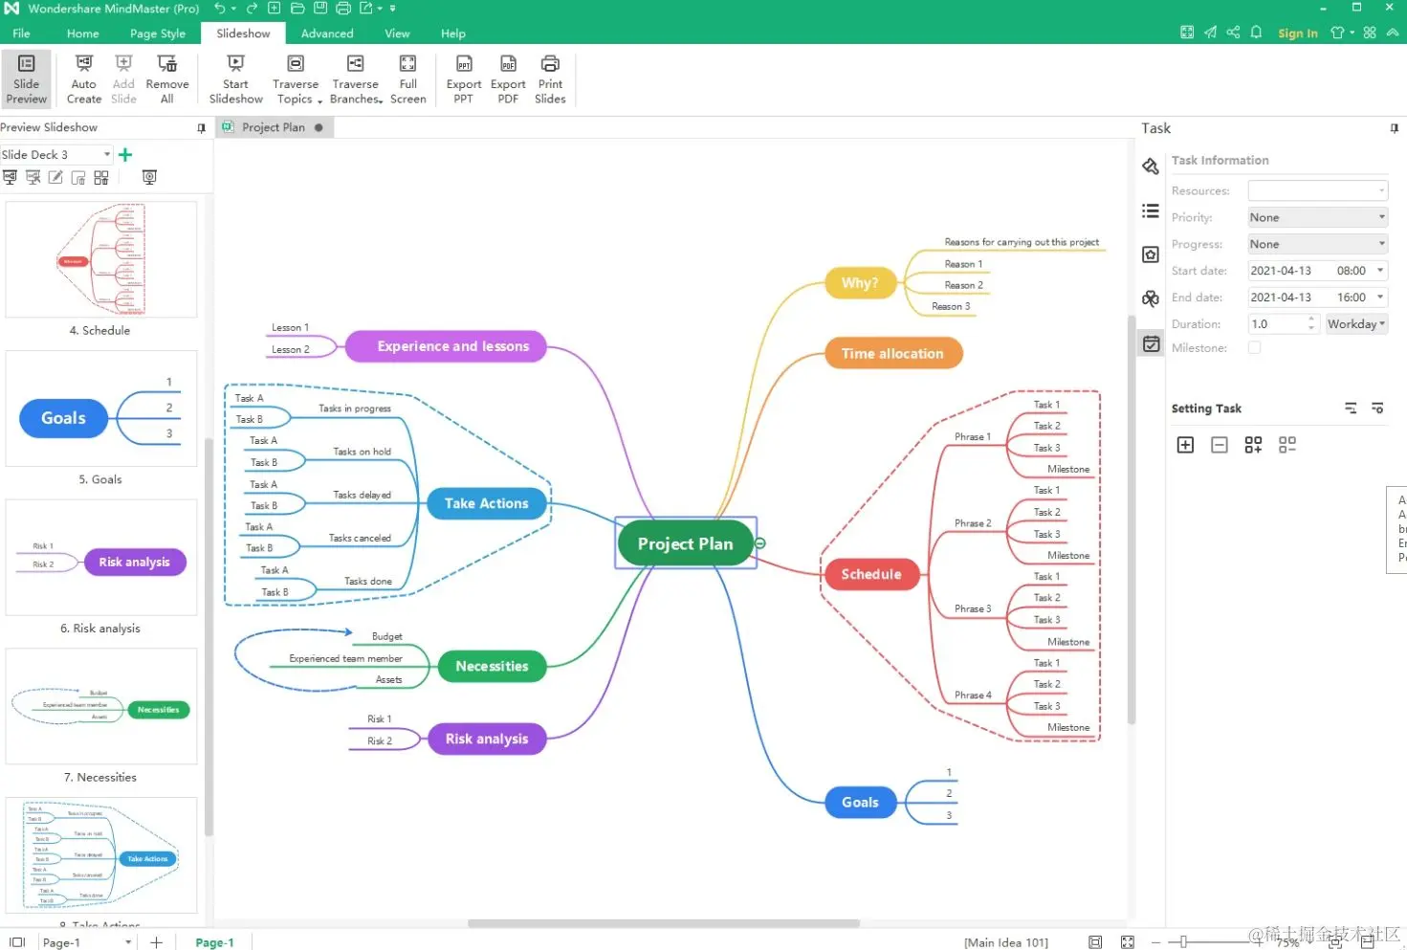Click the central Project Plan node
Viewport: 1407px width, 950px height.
click(x=685, y=543)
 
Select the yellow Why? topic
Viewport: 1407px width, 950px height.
click(x=859, y=283)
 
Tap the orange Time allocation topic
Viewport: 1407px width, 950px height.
click(x=892, y=354)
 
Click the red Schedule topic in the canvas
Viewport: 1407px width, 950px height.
click(x=870, y=574)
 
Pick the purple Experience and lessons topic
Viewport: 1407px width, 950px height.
click(x=452, y=346)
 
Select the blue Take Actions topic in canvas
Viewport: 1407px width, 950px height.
click(x=486, y=503)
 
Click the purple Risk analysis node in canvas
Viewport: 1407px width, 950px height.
click(x=486, y=739)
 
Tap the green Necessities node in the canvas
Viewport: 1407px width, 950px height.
click(x=492, y=666)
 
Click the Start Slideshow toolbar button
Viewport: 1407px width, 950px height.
click(x=235, y=78)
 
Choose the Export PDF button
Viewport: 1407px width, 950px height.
click(x=508, y=78)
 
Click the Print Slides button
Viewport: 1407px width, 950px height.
click(x=550, y=78)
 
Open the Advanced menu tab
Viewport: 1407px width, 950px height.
click(x=327, y=33)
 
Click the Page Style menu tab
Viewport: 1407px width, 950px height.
click(x=158, y=33)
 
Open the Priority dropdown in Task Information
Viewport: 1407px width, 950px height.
click(x=1317, y=217)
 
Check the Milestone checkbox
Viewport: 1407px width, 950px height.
click(x=1254, y=348)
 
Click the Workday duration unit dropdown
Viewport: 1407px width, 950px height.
click(x=1355, y=324)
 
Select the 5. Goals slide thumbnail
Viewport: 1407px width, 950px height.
click(x=101, y=409)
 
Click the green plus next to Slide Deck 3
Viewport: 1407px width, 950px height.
click(x=125, y=155)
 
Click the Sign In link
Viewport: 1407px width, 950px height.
click(x=1297, y=33)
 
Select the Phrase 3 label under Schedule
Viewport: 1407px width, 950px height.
click(x=973, y=608)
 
